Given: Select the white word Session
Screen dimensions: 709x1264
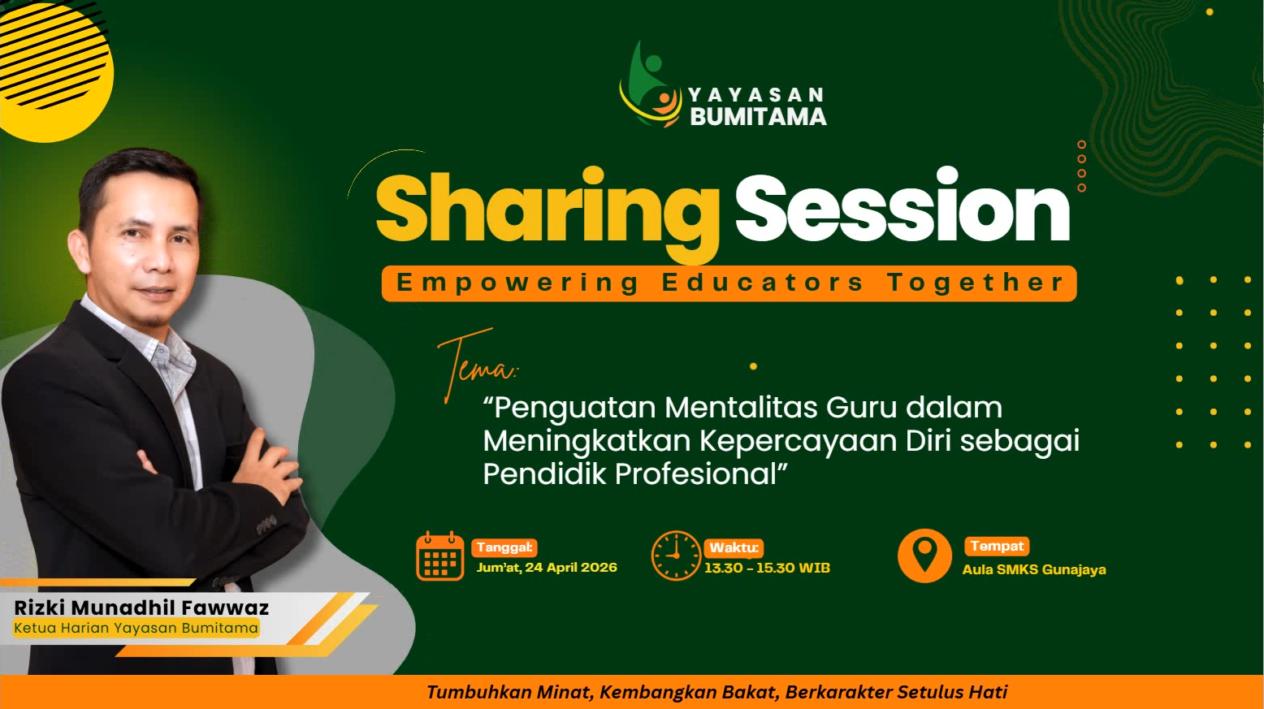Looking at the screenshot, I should (x=902, y=210).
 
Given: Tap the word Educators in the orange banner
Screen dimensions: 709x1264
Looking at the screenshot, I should (x=762, y=283).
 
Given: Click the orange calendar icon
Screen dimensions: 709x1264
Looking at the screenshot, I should (x=439, y=556).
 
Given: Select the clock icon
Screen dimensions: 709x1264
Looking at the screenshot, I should (x=675, y=556).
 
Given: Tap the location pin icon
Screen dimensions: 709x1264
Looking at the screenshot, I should (x=924, y=556).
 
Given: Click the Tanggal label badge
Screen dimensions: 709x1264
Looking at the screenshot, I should (x=504, y=547).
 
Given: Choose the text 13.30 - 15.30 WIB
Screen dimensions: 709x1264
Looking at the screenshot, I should (x=767, y=568).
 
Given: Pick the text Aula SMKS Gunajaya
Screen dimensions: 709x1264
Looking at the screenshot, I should (x=1033, y=569).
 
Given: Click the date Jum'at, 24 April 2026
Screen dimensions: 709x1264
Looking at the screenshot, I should (x=547, y=567).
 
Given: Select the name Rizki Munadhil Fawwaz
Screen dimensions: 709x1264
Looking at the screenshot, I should (x=141, y=607).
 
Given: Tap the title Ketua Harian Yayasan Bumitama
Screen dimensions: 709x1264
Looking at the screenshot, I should (x=136, y=628).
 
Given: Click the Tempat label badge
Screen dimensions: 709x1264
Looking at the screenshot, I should (x=997, y=546).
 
